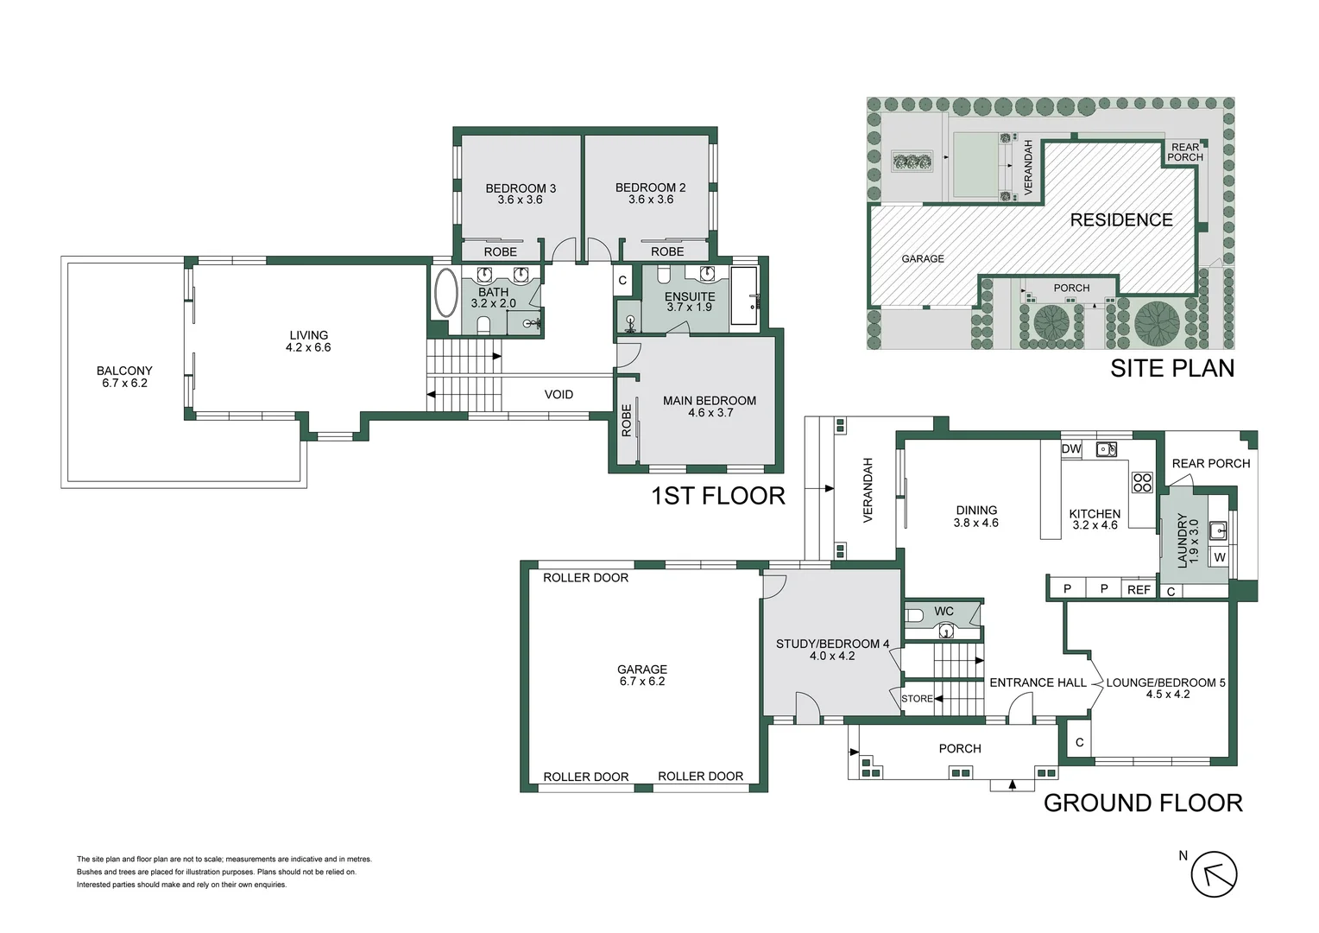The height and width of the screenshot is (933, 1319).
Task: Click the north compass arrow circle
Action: [1214, 874]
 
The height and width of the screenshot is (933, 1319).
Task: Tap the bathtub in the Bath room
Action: [445, 294]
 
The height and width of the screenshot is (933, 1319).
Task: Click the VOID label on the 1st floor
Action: [559, 394]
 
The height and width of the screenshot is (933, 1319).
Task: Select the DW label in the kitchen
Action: [1071, 449]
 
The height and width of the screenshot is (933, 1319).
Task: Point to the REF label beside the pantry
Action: [1139, 589]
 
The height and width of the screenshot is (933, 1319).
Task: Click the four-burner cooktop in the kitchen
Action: [1142, 483]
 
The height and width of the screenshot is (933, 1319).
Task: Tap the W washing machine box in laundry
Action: [1220, 557]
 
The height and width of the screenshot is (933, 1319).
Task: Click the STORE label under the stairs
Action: [917, 699]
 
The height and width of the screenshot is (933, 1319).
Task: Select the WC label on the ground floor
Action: [943, 611]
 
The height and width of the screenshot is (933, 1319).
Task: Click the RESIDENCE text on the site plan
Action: [1121, 219]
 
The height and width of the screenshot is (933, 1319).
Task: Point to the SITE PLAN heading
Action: [1172, 368]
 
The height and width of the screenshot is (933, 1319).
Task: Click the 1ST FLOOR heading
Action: [718, 496]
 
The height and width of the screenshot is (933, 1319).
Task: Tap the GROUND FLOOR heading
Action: [1143, 803]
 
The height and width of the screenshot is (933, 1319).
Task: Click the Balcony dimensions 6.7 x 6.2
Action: [124, 383]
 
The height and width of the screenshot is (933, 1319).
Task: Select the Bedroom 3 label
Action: [521, 188]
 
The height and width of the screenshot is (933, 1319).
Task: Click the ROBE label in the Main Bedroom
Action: [627, 420]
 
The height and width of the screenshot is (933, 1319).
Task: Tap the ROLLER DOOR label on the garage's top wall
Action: [586, 578]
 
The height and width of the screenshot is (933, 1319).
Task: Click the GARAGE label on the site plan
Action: [923, 259]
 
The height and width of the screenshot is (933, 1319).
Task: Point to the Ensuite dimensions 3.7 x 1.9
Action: [690, 307]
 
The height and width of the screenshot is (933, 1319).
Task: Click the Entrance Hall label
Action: [1038, 682]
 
